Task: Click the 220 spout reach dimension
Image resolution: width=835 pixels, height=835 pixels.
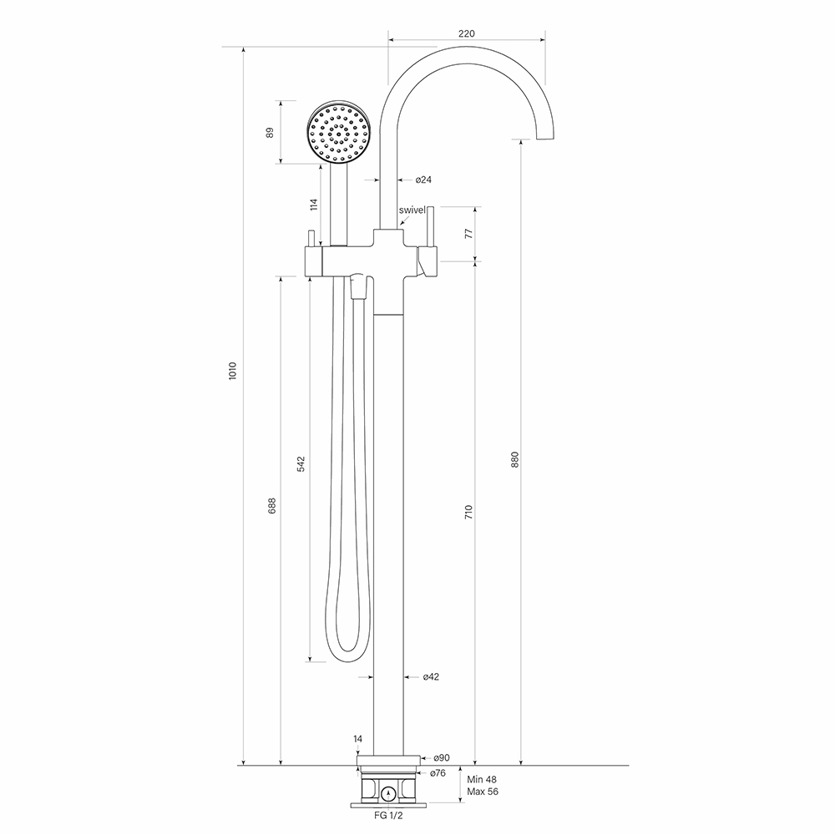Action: pos(467,33)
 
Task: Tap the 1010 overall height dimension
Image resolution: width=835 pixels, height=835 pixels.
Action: pos(232,371)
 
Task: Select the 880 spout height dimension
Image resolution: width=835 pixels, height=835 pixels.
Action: pos(514,459)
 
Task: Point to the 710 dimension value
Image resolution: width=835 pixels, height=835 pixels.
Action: pos(468,513)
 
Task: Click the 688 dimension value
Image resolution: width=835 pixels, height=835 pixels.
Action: pos(272,505)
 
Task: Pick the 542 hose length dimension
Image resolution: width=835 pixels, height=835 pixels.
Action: pos(301,463)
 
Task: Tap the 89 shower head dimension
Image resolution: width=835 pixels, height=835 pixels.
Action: pos(270,133)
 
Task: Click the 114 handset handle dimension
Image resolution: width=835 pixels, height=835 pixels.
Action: pos(314,205)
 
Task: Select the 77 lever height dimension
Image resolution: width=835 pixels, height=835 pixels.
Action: pos(468,233)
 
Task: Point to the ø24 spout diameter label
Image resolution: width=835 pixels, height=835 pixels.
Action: pos(423,180)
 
